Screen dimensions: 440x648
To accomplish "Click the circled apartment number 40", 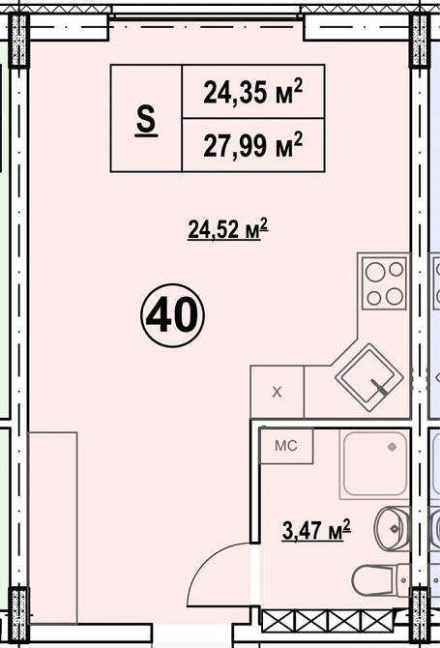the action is [172, 315].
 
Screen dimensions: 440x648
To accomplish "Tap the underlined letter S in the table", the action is [146, 119].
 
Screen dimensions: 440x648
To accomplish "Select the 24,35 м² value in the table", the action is [252, 92].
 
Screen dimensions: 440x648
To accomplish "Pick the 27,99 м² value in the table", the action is [252, 145].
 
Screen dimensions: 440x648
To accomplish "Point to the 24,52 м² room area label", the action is [228, 229].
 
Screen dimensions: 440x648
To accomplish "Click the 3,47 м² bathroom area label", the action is [316, 530].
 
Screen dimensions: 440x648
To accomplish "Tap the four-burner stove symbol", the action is [385, 282].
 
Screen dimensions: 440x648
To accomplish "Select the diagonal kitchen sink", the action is [369, 377].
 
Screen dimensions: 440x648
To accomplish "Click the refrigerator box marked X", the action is [278, 392].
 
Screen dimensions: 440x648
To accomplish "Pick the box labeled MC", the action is [286, 446].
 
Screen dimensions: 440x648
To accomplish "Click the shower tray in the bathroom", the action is [374, 463].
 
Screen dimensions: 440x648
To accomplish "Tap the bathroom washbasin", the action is [392, 528].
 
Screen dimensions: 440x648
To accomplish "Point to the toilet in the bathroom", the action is [380, 581].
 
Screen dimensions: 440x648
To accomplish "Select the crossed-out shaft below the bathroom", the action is [328, 621].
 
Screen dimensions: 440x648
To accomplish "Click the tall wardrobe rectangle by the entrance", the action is [53, 528].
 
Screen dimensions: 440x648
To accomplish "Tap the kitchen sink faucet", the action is [380, 387].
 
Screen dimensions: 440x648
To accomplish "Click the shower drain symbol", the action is [392, 447].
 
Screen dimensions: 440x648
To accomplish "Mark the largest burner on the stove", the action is [375, 273].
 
